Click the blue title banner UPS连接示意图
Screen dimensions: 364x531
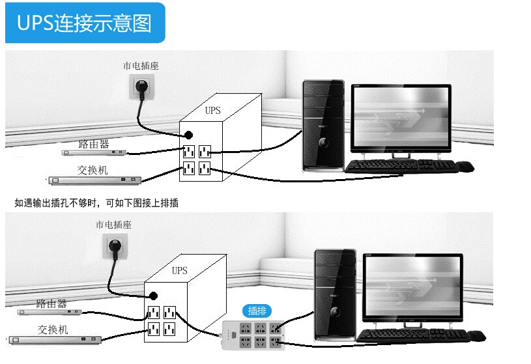tap(85, 23)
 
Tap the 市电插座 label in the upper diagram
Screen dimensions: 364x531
tap(141, 66)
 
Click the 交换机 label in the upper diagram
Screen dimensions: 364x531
tap(92, 170)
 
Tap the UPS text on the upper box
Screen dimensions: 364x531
tap(212, 111)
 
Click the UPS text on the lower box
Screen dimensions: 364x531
tap(179, 270)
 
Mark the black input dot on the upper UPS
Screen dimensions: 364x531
tap(188, 135)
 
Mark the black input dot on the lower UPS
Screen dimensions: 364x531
tap(154, 294)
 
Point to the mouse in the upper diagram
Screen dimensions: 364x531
tap(465, 167)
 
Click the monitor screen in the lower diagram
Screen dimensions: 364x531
tap(412, 285)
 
